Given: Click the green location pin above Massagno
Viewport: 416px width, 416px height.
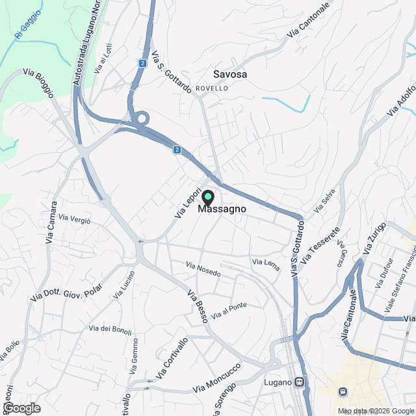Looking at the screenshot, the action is click(208, 197).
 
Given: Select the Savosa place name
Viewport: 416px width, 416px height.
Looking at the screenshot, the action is click(230, 75).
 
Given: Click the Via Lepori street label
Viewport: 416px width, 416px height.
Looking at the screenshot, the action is click(185, 203).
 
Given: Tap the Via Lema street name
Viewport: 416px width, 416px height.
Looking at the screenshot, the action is click(265, 263).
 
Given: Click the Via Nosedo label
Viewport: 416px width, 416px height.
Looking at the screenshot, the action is click(203, 270).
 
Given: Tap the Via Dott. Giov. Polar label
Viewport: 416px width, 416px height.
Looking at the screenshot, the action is click(66, 287).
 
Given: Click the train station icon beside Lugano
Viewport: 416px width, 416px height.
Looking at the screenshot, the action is click(300, 382).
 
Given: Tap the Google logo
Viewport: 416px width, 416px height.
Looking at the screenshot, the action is click(21, 408).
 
